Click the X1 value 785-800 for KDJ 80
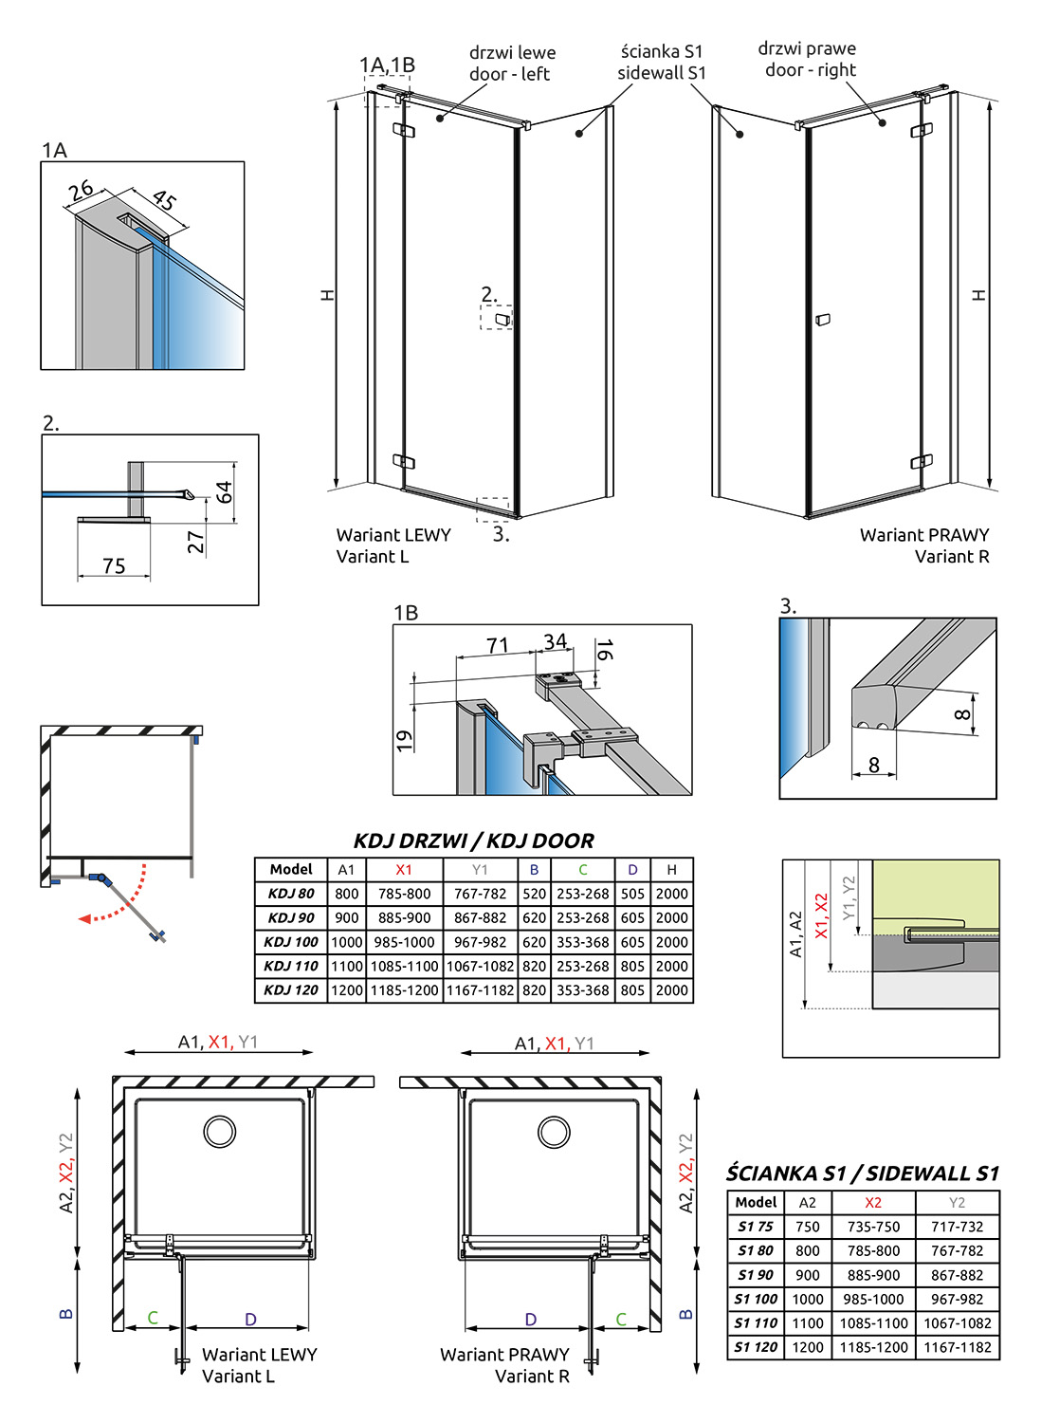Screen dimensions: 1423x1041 [404, 894]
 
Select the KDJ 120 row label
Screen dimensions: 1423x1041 [291, 990]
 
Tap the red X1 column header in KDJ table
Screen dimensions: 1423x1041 [404, 869]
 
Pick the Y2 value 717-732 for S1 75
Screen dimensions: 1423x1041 [957, 1227]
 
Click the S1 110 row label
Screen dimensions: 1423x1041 [756, 1323]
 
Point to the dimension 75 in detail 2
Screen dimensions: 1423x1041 [114, 566]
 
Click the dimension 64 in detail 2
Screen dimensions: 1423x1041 [224, 492]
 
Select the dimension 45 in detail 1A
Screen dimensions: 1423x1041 [164, 200]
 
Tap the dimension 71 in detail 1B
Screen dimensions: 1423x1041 [497, 645]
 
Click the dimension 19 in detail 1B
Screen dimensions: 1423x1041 [405, 741]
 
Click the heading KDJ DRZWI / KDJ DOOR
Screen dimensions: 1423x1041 [473, 841]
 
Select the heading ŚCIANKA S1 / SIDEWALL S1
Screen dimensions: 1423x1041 [863, 1174]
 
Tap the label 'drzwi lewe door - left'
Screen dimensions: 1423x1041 [512, 64]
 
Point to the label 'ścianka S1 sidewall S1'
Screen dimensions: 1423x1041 [662, 62]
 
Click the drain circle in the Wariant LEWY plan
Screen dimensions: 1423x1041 [220, 1131]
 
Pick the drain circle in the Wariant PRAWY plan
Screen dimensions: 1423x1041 [554, 1131]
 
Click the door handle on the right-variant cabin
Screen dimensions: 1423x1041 [823, 320]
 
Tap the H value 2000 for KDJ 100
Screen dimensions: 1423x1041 [671, 942]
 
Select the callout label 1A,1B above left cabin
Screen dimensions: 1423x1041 [387, 65]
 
